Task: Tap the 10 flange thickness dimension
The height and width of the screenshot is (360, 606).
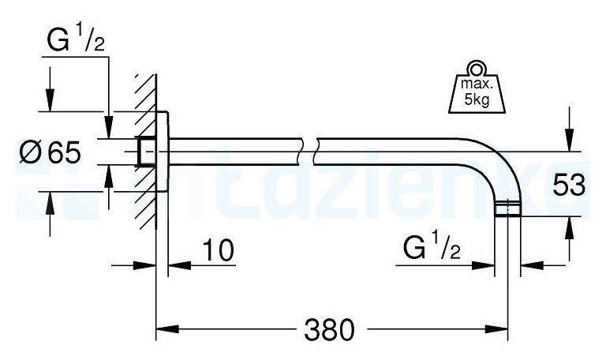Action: pyautogui.click(x=218, y=252)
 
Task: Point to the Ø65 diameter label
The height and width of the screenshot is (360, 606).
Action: pyautogui.click(x=50, y=152)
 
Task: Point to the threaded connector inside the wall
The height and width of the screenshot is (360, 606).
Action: pyautogui.click(x=145, y=152)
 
